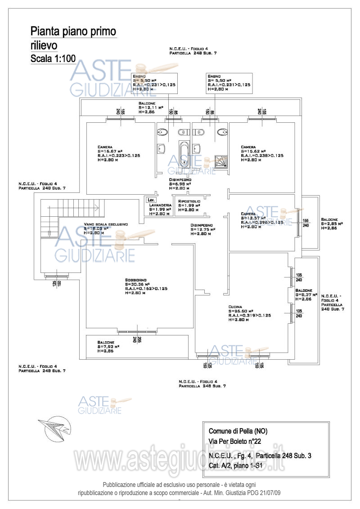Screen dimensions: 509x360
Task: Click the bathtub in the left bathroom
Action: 184,155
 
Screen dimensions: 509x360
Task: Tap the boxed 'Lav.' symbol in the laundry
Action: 151,199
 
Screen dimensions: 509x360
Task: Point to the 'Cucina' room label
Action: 235,306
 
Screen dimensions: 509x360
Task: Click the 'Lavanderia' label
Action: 161,205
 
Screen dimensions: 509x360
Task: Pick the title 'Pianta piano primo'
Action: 73,31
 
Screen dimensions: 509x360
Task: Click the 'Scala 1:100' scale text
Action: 53,58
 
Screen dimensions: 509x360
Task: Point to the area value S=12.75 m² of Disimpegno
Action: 203,229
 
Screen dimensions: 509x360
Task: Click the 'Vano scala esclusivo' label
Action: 106,224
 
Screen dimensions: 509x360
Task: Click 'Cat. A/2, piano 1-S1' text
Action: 235,466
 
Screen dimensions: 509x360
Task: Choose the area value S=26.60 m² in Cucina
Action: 241,311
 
